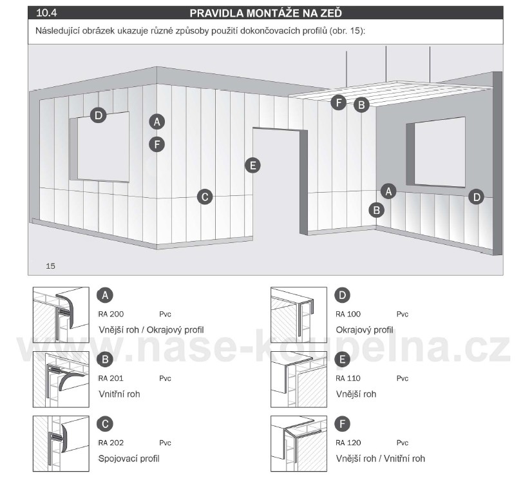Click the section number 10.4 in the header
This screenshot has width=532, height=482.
pyautogui.click(x=46, y=13)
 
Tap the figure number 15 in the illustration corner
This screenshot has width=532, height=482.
pyautogui.click(x=50, y=266)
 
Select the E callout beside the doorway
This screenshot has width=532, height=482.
pyautogui.click(x=252, y=166)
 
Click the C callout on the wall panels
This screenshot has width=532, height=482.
pyautogui.click(x=205, y=197)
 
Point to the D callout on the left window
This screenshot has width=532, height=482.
pyautogui.click(x=99, y=115)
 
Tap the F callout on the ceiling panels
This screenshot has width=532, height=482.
pyautogui.click(x=338, y=102)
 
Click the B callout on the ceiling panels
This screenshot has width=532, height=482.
pyautogui.click(x=361, y=105)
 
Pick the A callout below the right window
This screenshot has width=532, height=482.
pyautogui.click(x=388, y=191)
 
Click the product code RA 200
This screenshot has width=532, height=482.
pyautogui.click(x=111, y=314)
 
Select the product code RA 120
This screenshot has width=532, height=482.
pyautogui.click(x=348, y=443)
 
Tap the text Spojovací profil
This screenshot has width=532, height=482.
pyautogui.click(x=129, y=459)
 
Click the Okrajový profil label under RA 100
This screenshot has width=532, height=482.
pyautogui.click(x=365, y=330)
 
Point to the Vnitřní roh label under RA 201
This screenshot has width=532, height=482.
pyautogui.click(x=119, y=394)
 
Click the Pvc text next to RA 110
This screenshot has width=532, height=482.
pyautogui.click(x=403, y=378)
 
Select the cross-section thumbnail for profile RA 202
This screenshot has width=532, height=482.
pyautogui.click(x=61, y=443)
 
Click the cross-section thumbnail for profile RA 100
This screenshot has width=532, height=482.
pyautogui.click(x=299, y=315)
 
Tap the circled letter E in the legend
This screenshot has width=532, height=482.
pyautogui.click(x=343, y=360)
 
